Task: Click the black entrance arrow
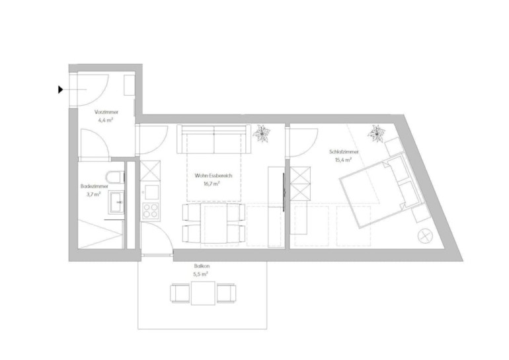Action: (x=60, y=90)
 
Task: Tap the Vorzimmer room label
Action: (x=106, y=112)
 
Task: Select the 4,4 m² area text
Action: (x=105, y=120)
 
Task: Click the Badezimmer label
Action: (x=94, y=186)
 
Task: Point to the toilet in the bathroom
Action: (x=115, y=177)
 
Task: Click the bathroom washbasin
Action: (x=116, y=202)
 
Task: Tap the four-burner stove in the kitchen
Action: (x=151, y=211)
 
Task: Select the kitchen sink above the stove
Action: (x=151, y=192)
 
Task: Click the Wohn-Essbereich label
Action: (x=214, y=176)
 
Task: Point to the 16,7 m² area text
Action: (x=212, y=184)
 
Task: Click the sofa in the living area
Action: (x=214, y=139)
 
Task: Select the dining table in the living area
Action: (x=214, y=223)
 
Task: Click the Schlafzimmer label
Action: (x=344, y=152)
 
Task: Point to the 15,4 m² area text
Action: (x=344, y=160)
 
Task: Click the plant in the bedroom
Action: (x=377, y=133)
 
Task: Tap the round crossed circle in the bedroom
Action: (x=424, y=236)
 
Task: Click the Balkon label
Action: (x=202, y=266)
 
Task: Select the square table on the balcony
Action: (x=203, y=293)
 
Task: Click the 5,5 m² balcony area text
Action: (x=200, y=274)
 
